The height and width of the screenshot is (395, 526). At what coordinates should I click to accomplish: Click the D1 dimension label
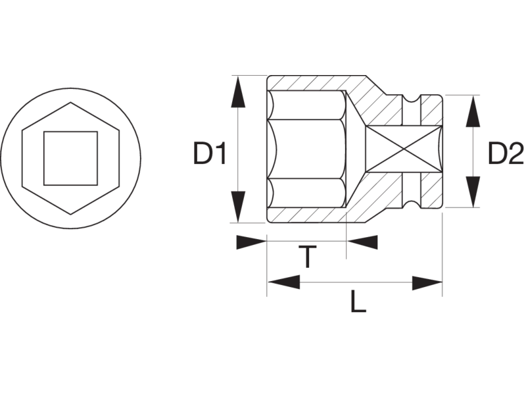pos(210,153)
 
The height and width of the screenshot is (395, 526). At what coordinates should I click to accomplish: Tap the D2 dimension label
pos(506,153)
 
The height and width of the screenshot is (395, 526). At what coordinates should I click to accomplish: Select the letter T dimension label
pos(307,257)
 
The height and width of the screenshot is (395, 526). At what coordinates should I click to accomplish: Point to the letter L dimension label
pos(358,302)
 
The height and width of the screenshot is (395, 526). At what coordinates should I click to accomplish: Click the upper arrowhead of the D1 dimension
pos(238,92)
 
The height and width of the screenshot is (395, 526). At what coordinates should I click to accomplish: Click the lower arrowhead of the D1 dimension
pos(238,207)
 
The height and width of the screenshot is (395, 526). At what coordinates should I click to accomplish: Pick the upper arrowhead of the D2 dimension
pos(473,111)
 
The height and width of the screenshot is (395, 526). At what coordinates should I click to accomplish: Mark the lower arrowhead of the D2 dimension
pos(473,192)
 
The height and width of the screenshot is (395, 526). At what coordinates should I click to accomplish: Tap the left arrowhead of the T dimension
pos(251,242)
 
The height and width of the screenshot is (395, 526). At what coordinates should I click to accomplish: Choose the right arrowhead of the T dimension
pos(362,242)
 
